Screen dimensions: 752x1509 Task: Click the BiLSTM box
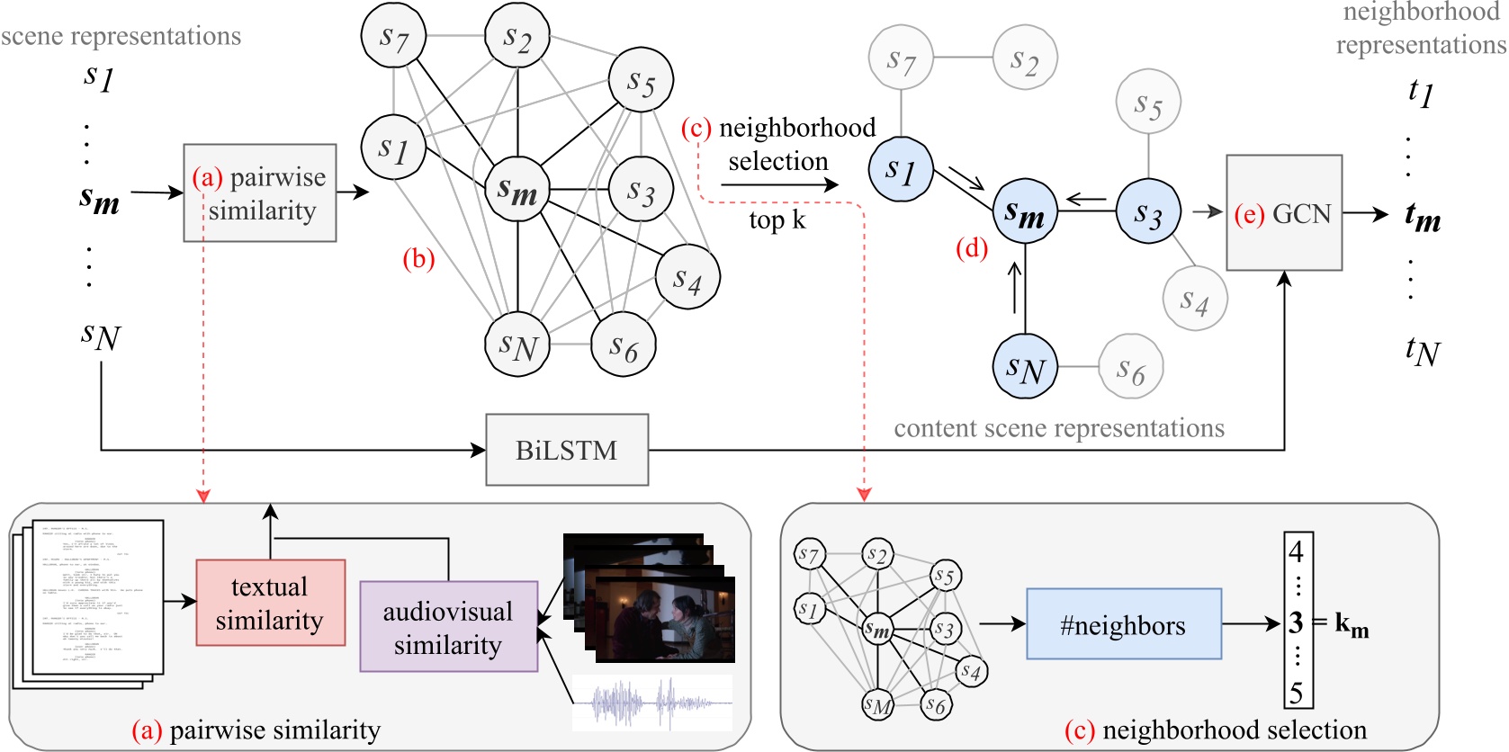pos(567,450)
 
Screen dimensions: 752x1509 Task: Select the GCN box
pos(1284,213)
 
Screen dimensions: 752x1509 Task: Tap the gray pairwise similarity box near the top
pos(260,192)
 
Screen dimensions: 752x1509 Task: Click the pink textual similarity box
pos(270,603)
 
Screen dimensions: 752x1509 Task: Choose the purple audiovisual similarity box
pos(448,626)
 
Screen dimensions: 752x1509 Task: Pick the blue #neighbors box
pos(1123,624)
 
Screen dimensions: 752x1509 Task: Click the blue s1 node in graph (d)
pos(900,169)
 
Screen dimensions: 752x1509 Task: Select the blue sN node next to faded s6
pos(1025,366)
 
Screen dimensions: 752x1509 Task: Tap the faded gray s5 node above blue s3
pos(1147,103)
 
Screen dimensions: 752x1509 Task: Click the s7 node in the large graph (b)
pos(393,37)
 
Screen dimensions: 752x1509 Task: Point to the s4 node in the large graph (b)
pos(687,277)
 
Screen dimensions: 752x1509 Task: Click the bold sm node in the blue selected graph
pos(1024,211)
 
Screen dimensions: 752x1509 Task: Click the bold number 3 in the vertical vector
pos(1296,622)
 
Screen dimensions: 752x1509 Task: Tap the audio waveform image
pos(652,703)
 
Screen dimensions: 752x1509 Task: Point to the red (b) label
pos(418,259)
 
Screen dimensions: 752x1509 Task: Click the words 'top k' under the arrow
pos(777,219)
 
